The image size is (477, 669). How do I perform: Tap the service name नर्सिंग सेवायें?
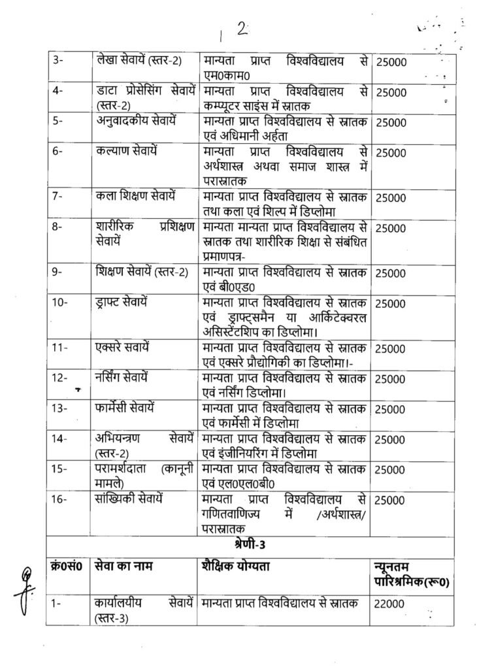point(127,377)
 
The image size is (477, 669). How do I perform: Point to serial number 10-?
point(60,304)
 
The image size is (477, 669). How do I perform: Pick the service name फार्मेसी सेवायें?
point(127,407)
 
